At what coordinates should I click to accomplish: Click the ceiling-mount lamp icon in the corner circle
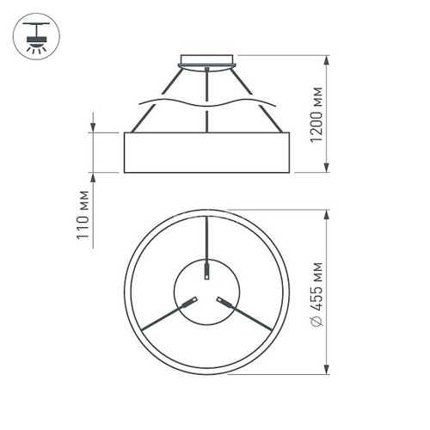[36, 36]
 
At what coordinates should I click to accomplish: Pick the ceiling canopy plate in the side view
[208, 61]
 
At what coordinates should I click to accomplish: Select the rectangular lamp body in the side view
[208, 152]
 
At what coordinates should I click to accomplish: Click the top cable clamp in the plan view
[207, 272]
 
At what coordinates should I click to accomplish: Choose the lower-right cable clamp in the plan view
[225, 302]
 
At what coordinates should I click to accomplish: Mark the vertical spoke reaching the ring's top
[207, 241]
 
